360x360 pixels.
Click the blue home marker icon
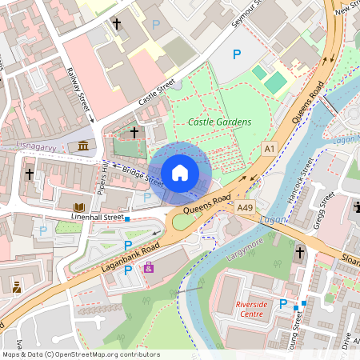pyautogui.click(x=180, y=172)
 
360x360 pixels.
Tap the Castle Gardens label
pyautogui.click(x=220, y=122)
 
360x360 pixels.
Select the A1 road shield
pyautogui.click(x=270, y=149)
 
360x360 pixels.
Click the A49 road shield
pyautogui.click(x=246, y=207)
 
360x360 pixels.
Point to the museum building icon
pyautogui.click(x=84, y=145)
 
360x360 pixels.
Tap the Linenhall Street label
pyautogui.click(x=98, y=217)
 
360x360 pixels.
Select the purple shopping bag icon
pyautogui.click(x=149, y=267)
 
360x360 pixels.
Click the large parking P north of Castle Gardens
pyautogui.click(x=236, y=54)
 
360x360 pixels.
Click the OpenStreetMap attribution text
pyautogui.click(x=81, y=354)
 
